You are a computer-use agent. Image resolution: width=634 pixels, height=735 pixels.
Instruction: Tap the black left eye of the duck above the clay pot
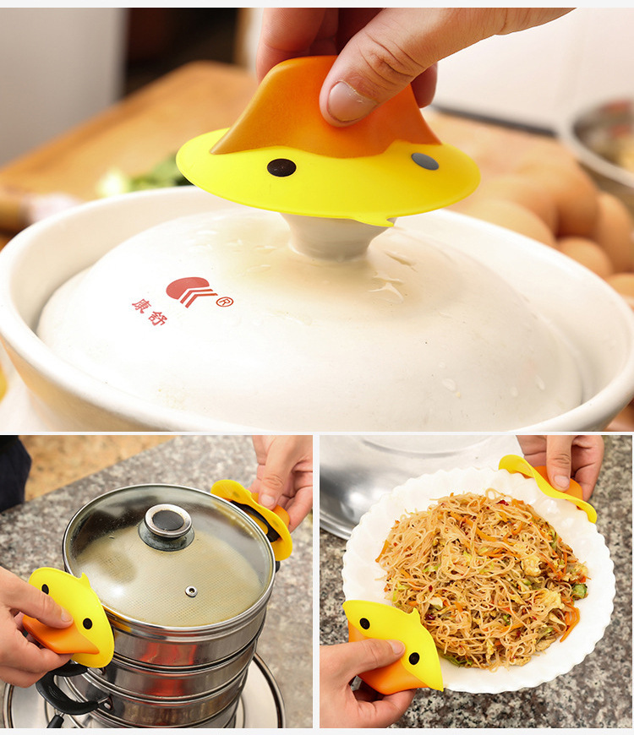281,167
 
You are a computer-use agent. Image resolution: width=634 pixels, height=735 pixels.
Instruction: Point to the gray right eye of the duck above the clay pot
425,161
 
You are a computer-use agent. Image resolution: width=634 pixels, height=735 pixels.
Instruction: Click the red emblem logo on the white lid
190,291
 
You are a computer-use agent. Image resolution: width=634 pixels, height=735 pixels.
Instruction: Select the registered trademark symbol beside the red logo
225,302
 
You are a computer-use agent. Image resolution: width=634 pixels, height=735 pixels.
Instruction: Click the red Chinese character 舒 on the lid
157,318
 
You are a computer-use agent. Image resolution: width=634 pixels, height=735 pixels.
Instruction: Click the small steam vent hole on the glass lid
191,591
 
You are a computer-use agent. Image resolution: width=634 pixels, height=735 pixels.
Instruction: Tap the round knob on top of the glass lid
167,525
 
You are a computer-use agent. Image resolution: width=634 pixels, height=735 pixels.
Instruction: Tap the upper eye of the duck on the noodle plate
364,623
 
